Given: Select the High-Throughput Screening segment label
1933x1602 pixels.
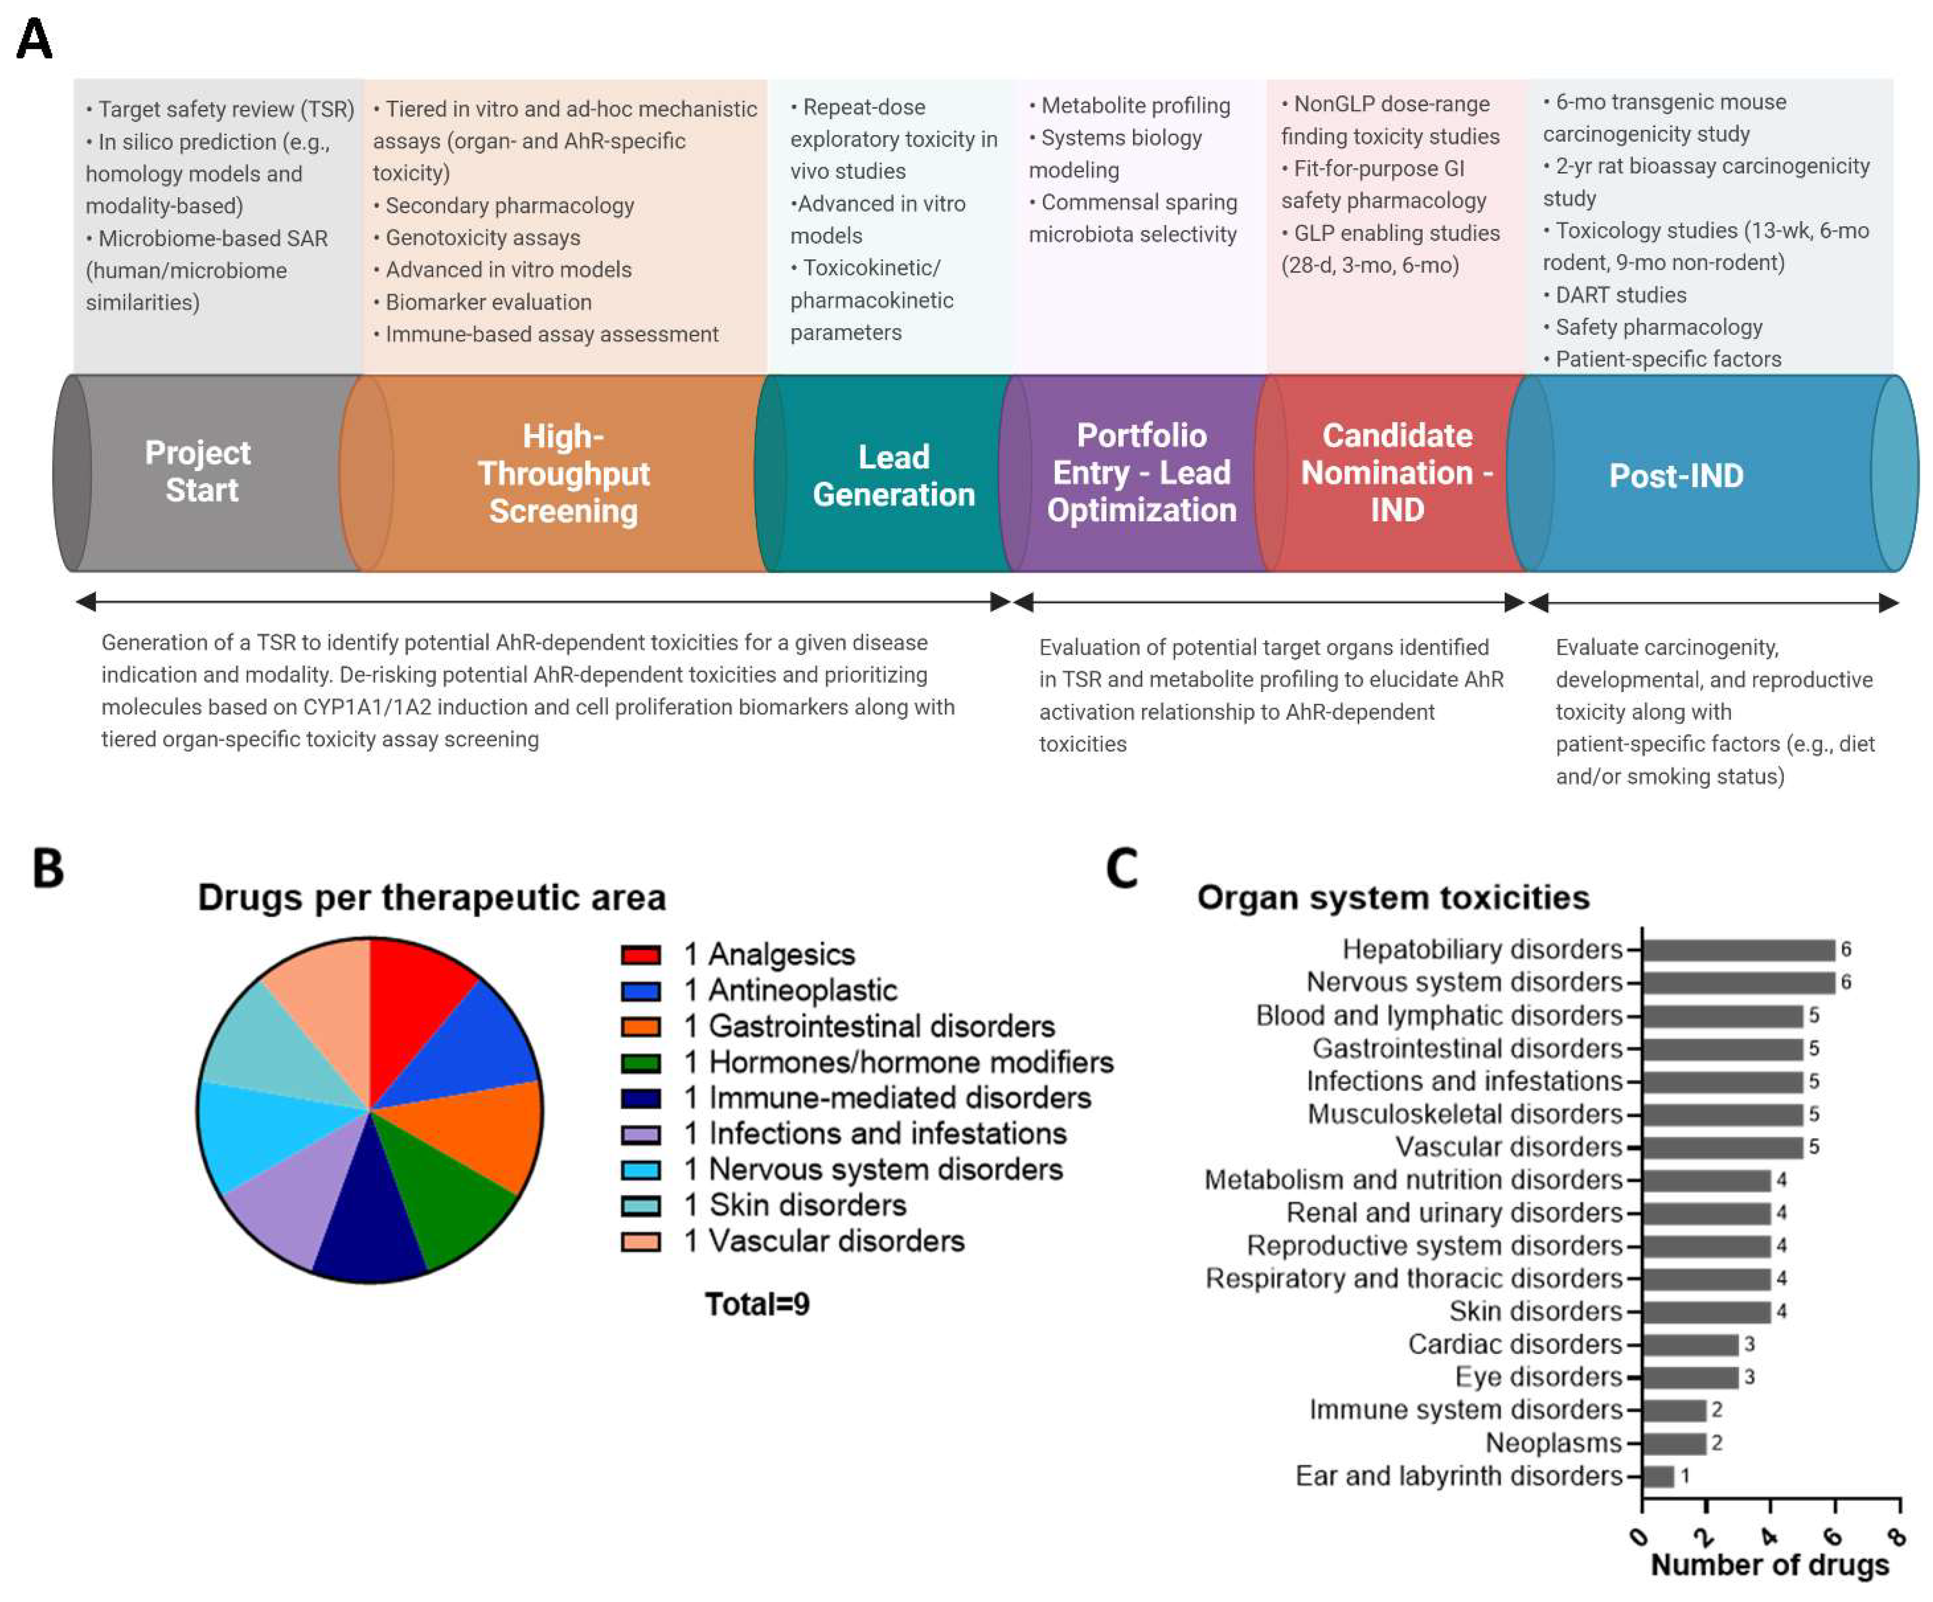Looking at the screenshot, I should tap(564, 473).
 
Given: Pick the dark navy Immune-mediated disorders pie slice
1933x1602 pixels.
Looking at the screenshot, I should tap(370, 1225).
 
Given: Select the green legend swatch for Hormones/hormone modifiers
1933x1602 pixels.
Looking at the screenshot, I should tap(641, 1063).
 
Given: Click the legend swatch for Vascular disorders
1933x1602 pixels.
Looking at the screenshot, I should tap(641, 1241).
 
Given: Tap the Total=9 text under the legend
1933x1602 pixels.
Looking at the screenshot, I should tap(756, 1304).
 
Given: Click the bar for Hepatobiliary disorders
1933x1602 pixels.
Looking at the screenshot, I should tap(1738, 949).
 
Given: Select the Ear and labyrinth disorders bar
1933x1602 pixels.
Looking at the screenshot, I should tap(1658, 1476).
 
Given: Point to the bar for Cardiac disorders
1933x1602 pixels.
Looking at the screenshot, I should tap(1690, 1344).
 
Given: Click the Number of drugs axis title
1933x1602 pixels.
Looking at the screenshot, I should tap(1769, 1565).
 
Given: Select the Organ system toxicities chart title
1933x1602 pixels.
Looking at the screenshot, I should tap(1393, 897).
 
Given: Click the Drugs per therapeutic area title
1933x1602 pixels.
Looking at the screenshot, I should tap(432, 897).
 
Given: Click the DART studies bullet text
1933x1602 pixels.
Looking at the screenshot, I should tap(1620, 295).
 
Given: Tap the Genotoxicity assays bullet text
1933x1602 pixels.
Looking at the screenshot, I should tap(482, 237).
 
